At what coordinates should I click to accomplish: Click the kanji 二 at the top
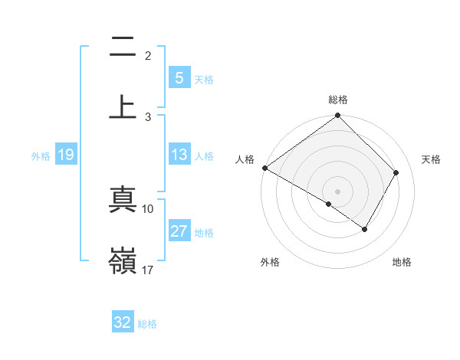click(x=123, y=47)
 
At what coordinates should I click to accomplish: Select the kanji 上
click(x=123, y=106)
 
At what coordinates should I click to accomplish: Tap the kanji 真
click(x=123, y=201)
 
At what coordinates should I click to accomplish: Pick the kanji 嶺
click(x=123, y=260)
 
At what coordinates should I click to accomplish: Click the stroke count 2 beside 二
click(x=148, y=56)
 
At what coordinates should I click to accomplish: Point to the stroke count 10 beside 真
click(x=148, y=208)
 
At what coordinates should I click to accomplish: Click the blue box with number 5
click(x=179, y=78)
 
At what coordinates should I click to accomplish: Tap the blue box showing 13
click(x=179, y=155)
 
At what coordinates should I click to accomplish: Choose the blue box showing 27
click(x=179, y=231)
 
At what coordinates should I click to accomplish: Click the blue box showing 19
click(x=65, y=155)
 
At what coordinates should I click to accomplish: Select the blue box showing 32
click(x=122, y=322)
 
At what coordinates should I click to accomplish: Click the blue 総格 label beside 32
click(x=147, y=324)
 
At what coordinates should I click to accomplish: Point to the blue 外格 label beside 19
click(x=41, y=156)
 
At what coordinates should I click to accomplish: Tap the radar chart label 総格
click(x=338, y=100)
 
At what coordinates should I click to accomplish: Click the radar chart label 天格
click(x=431, y=159)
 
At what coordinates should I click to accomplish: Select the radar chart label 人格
click(x=245, y=159)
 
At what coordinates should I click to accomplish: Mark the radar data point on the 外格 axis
click(x=329, y=204)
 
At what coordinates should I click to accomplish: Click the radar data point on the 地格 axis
click(x=365, y=229)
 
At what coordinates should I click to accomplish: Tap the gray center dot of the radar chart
click(x=338, y=191)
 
